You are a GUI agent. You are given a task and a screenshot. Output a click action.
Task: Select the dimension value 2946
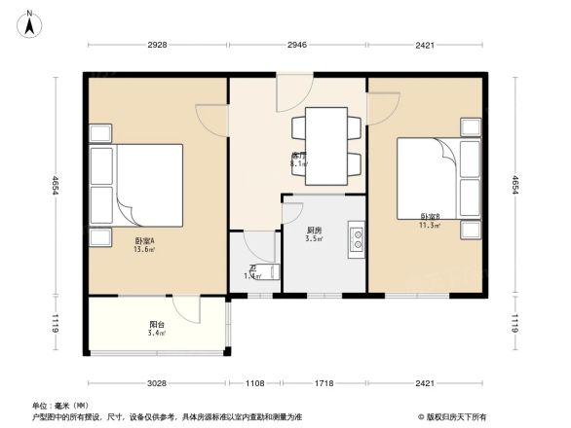(x=297, y=44)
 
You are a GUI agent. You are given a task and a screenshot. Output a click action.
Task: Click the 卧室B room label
(x=430, y=217)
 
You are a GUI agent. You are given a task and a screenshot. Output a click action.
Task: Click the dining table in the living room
(x=324, y=146)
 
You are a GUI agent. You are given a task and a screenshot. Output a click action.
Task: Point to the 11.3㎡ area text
(x=430, y=225)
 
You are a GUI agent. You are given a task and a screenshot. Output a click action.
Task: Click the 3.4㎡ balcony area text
(x=156, y=334)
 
